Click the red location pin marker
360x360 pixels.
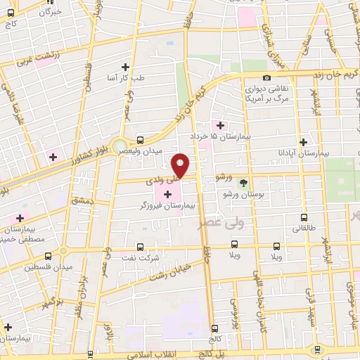181,165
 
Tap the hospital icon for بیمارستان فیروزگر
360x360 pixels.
168,194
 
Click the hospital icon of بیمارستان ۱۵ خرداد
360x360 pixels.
221,126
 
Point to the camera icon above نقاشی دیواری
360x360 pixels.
266,78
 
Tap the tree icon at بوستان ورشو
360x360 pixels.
244,181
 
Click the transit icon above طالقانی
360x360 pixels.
304,217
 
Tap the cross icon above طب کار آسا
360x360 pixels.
126,67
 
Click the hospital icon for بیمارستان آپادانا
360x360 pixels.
302,141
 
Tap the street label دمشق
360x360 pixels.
80,201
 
